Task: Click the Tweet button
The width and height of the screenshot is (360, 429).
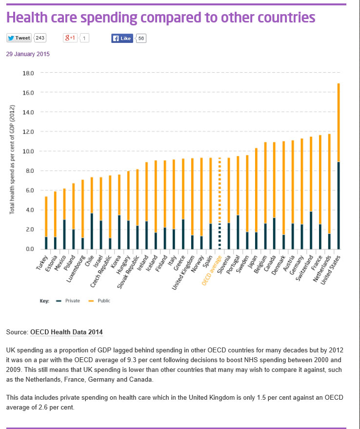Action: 19,38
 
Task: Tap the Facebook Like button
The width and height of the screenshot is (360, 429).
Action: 122,38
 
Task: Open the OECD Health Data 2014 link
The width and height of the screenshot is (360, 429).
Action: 66,332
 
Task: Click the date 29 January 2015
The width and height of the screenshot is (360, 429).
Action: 28,54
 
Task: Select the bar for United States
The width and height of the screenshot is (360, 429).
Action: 339,166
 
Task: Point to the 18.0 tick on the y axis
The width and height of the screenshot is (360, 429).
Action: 28,73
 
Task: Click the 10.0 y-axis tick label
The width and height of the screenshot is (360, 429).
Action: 28,151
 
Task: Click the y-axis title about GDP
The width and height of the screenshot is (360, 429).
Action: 13,159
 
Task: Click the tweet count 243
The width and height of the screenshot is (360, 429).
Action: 40,38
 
